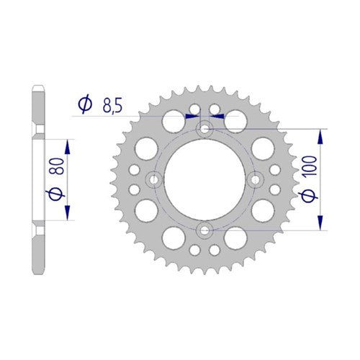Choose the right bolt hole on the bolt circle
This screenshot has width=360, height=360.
[x=255, y=180]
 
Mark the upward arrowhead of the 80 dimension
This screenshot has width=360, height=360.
[x=68, y=146]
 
